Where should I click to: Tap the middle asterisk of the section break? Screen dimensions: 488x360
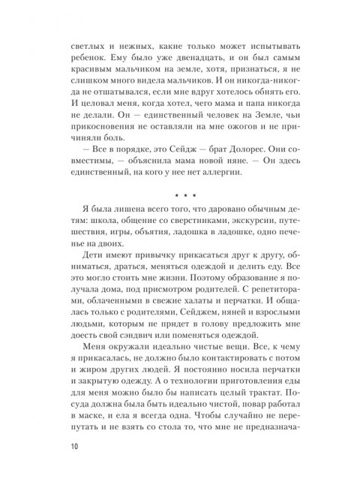click(179, 195)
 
